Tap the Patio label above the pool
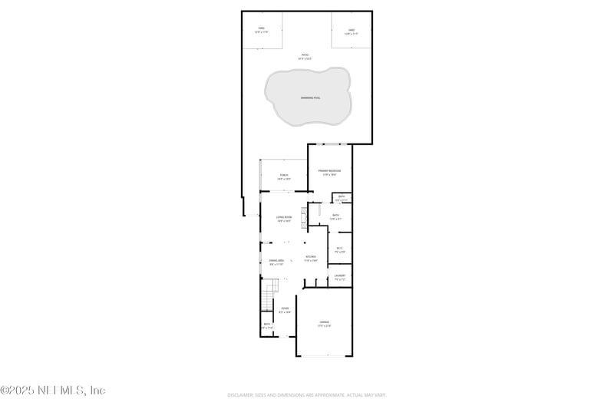click(x=305, y=54)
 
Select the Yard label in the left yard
click(x=262, y=29)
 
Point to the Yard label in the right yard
click(x=351, y=30)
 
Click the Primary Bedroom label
click(x=330, y=170)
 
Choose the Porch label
click(x=284, y=176)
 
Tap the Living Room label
click(x=284, y=217)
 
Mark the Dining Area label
click(x=276, y=261)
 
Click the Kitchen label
click(x=311, y=257)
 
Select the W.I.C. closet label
click(x=340, y=248)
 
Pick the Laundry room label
click(x=340, y=275)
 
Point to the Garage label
click(x=324, y=323)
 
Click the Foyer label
click(x=284, y=308)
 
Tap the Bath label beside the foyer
click(x=267, y=325)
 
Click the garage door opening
click(x=325, y=356)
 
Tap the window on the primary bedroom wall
click(x=330, y=144)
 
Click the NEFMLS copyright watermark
click(x=53, y=391)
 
